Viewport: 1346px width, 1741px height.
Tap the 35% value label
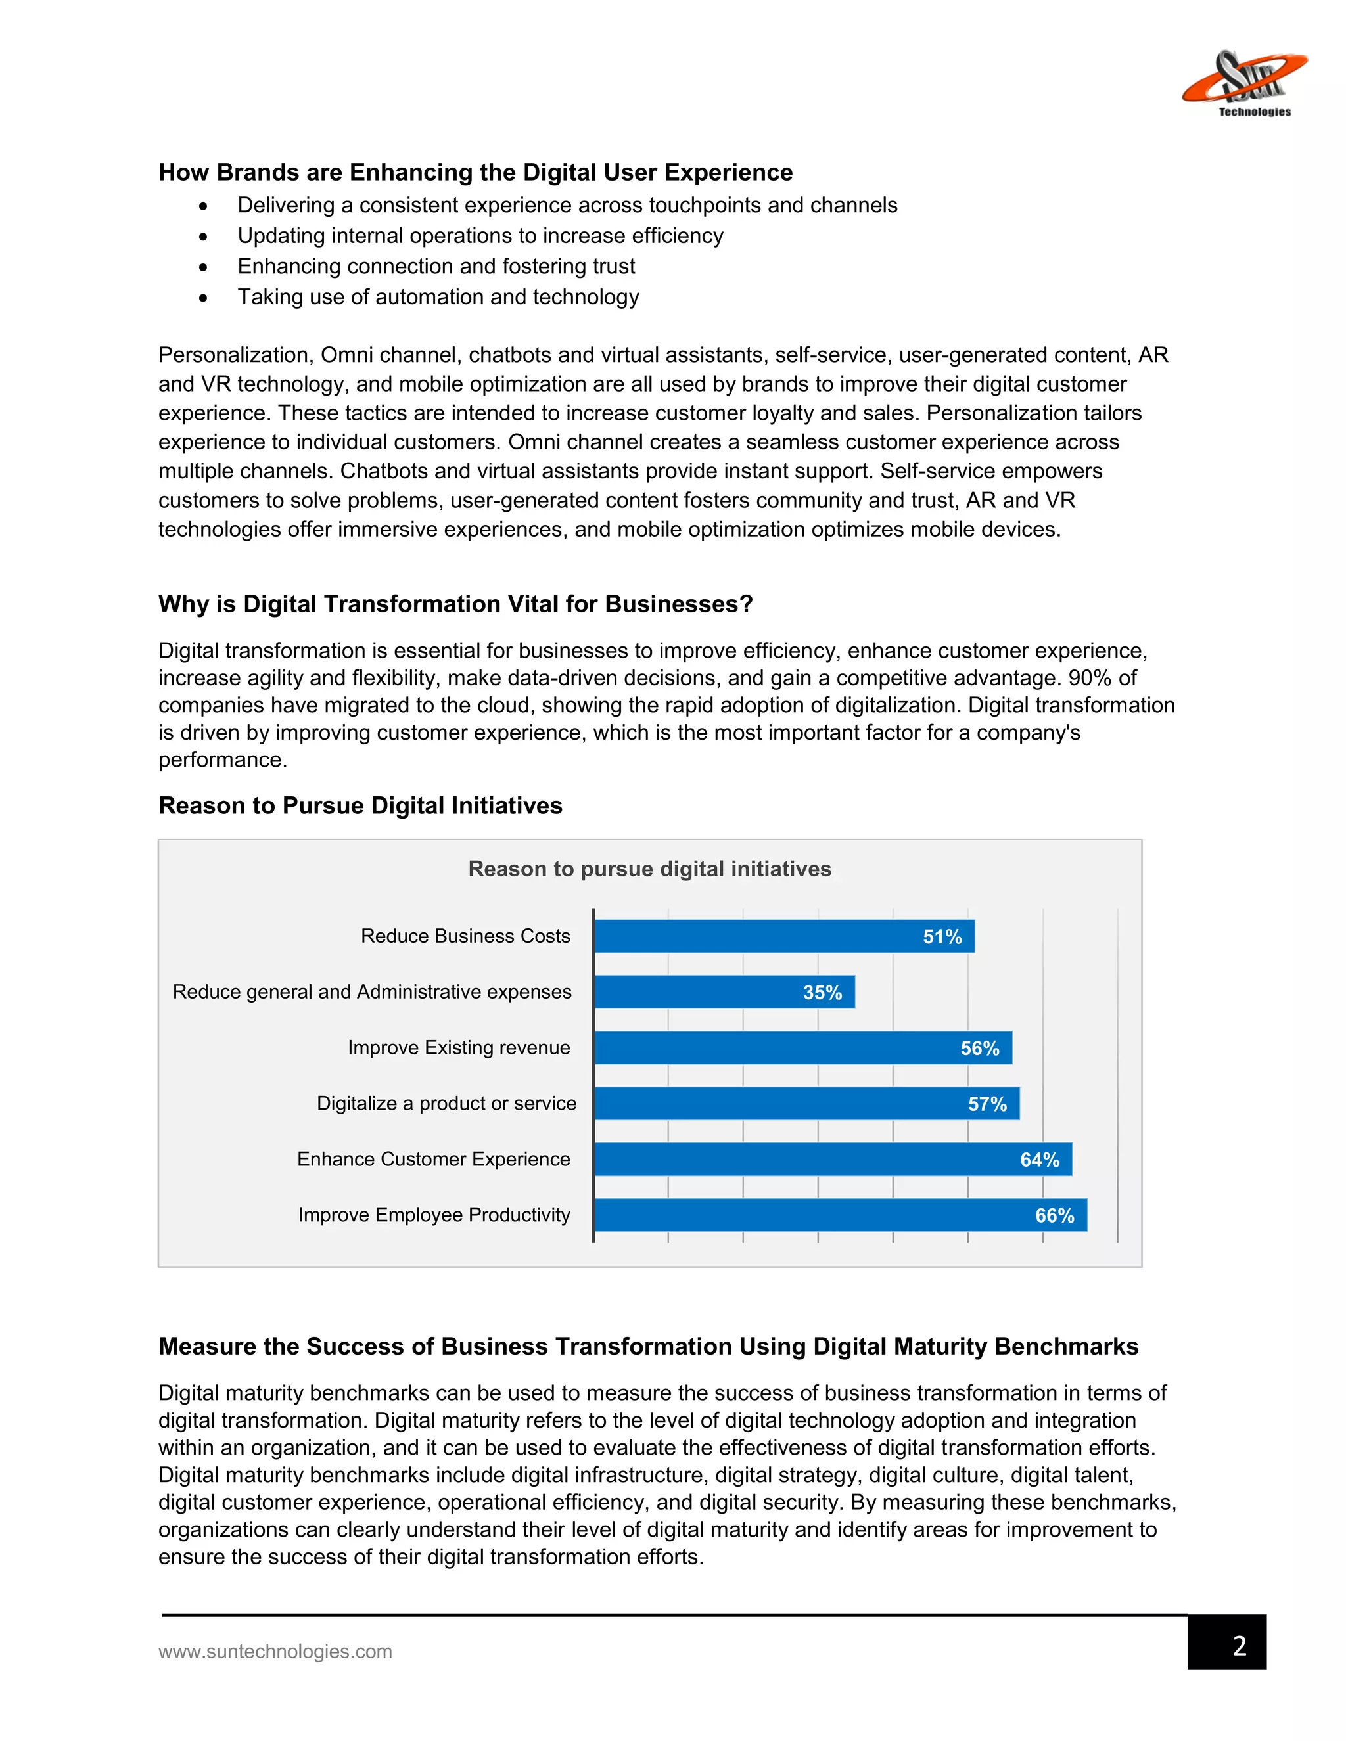(x=822, y=993)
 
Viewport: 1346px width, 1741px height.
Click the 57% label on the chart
(x=987, y=1104)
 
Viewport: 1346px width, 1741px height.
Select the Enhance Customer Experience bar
(x=833, y=1159)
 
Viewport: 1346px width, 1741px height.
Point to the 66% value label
(x=1054, y=1215)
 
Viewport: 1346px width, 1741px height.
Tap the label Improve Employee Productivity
(x=434, y=1215)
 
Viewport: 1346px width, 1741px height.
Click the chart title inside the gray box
(x=649, y=869)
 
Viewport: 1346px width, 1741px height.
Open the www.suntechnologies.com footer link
(x=275, y=1651)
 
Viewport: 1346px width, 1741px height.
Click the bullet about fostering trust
(x=436, y=266)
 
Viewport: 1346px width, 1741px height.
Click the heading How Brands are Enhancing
(x=475, y=172)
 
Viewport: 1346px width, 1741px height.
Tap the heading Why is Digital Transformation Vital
(x=455, y=604)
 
